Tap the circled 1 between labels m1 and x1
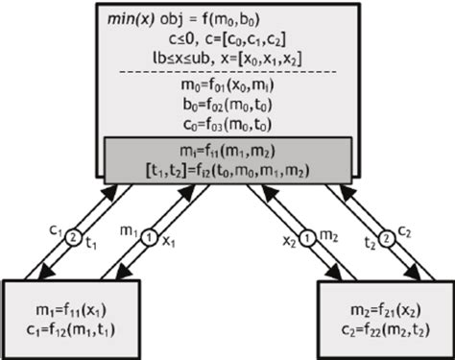click(x=147, y=230)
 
